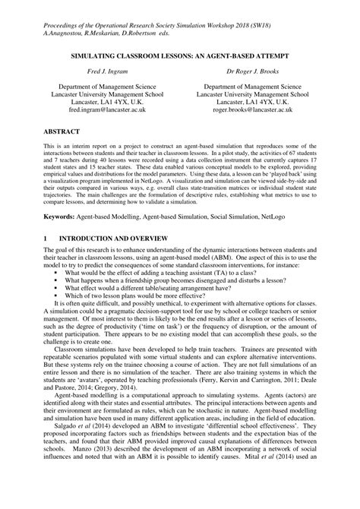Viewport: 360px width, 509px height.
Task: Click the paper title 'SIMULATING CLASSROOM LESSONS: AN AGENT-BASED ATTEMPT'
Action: pyautogui.click(x=179, y=56)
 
